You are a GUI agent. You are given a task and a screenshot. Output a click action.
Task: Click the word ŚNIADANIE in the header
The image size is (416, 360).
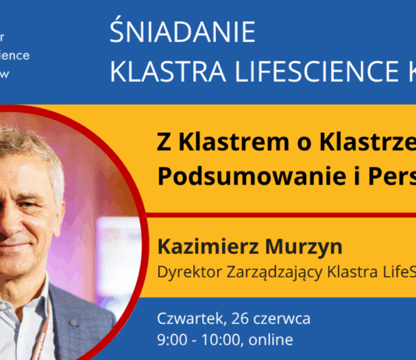coord(182,33)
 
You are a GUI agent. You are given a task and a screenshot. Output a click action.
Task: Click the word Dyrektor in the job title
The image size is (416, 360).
coord(184,273)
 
